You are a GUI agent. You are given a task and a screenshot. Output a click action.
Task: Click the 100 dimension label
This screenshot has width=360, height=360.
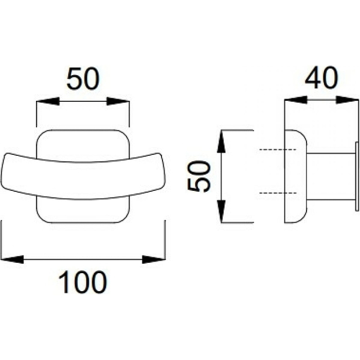coord(83,282)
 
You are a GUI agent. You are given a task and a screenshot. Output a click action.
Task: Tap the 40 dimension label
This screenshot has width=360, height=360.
coord(321,78)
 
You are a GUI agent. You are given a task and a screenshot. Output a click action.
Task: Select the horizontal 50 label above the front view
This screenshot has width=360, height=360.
coord(83,79)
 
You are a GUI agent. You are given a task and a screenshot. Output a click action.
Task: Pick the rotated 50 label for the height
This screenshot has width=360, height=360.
coord(199,176)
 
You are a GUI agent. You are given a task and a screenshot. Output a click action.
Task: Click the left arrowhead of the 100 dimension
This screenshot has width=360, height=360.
coord(12,259)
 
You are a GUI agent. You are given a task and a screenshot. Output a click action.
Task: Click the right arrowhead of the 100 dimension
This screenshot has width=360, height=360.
coord(154,259)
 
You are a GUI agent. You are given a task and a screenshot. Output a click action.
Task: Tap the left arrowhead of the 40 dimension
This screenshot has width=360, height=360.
coord(296,100)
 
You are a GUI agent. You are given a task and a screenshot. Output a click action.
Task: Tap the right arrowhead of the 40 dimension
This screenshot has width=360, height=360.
coord(347,100)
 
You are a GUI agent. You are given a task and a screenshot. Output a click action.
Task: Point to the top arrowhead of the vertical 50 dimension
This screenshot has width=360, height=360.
coord(221,141)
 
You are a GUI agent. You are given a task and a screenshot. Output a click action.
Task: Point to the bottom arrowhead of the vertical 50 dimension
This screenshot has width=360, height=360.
coord(221,211)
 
